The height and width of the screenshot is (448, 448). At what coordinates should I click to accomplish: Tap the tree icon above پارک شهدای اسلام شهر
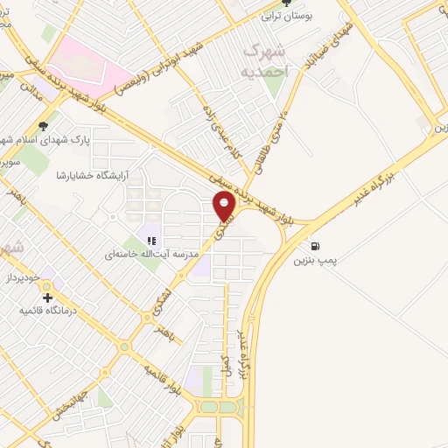43,126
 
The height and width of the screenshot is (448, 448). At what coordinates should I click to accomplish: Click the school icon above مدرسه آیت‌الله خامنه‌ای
150,240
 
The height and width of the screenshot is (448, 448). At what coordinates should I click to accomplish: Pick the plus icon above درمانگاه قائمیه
47,297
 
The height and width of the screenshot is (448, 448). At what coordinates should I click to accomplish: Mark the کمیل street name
225,360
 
